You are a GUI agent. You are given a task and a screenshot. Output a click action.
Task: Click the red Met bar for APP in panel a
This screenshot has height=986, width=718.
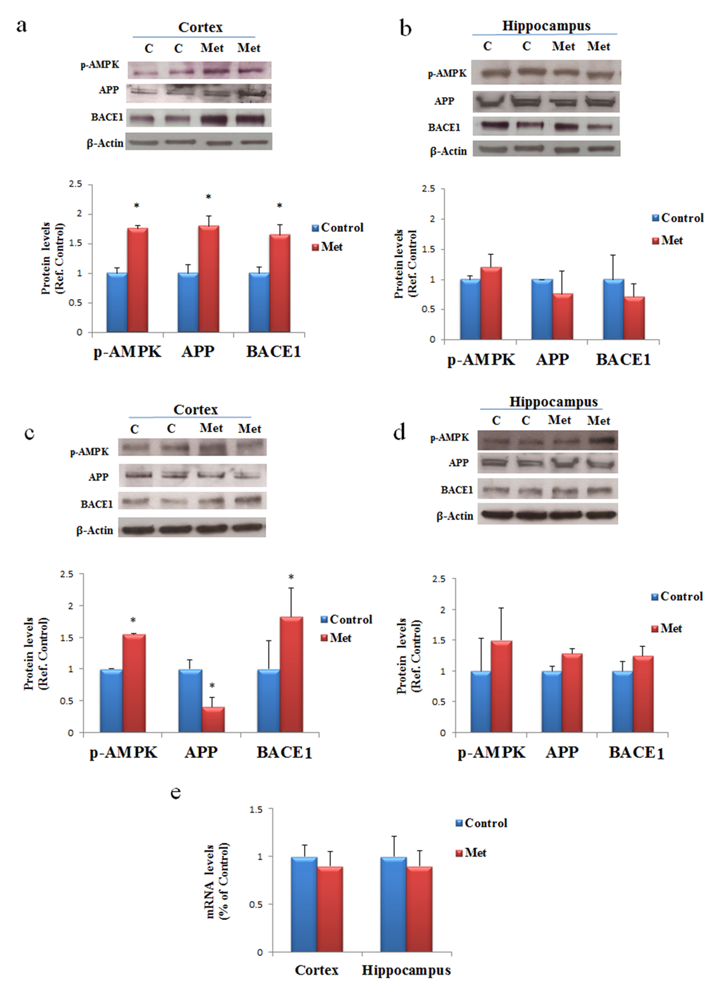pyautogui.click(x=208, y=279)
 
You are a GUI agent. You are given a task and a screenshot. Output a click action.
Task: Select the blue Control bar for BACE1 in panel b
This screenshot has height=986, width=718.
pyautogui.click(x=613, y=310)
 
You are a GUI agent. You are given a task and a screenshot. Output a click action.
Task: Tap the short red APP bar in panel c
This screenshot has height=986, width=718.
pyautogui.click(x=213, y=719)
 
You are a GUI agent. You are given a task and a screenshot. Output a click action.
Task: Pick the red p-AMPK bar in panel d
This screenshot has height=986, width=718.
pyautogui.click(x=501, y=686)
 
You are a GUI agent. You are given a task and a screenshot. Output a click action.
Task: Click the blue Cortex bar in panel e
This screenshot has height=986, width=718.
pyautogui.click(x=303, y=904)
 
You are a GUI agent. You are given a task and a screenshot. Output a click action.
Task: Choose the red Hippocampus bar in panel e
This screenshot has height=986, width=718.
pyautogui.click(x=419, y=909)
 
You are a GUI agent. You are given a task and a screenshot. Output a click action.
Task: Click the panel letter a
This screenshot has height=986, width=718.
pyautogui.click(x=22, y=25)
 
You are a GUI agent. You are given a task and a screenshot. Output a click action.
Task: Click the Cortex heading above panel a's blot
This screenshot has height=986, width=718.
pyautogui.click(x=200, y=27)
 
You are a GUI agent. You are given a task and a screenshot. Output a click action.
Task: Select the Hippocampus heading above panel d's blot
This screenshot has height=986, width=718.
pyautogui.click(x=553, y=402)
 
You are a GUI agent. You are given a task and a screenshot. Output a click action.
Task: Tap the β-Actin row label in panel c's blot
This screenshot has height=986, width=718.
pyautogui.click(x=94, y=530)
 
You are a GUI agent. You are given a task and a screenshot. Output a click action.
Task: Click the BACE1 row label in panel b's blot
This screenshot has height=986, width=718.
pyautogui.click(x=444, y=127)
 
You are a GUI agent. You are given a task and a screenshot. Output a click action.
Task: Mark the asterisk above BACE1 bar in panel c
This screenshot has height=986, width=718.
pyautogui.click(x=291, y=578)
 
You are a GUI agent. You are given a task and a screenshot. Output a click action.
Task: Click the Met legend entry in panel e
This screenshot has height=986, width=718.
pyautogui.click(x=471, y=852)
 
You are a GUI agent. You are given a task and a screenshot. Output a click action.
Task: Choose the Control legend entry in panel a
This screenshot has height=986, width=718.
pyautogui.click(x=338, y=227)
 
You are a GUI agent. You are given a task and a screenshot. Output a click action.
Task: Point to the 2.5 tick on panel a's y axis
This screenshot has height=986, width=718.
pyautogui.click(x=75, y=184)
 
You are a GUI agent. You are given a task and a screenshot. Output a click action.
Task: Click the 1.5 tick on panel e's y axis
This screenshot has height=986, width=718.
pyautogui.click(x=256, y=809)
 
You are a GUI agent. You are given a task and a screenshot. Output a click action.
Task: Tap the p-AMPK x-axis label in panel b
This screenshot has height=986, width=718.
pyautogui.click(x=481, y=360)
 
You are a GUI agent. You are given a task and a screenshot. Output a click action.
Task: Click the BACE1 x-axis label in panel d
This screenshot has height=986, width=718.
pyautogui.click(x=636, y=752)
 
